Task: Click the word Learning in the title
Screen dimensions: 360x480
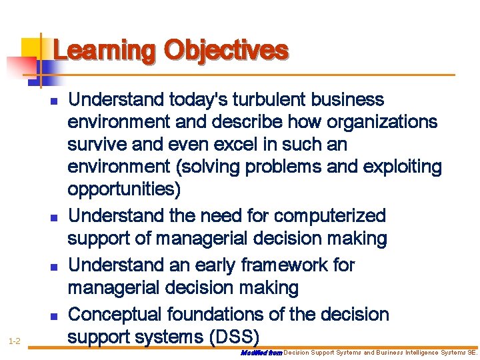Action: [104, 51]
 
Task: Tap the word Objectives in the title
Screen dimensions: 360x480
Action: [226, 51]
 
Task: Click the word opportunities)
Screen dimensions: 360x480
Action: [124, 190]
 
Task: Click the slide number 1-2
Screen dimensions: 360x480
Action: [15, 341]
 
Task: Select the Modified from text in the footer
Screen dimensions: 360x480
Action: [261, 351]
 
